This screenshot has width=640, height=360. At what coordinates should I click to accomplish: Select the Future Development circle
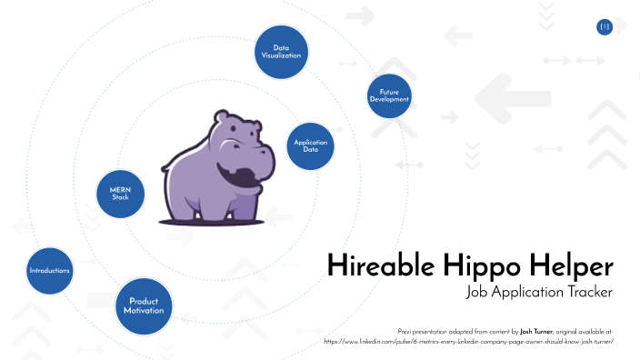[x=389, y=95]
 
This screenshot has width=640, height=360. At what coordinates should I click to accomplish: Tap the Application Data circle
[x=310, y=146]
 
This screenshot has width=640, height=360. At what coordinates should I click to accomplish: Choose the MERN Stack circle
[x=121, y=192]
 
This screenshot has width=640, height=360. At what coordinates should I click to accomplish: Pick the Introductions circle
[x=49, y=270]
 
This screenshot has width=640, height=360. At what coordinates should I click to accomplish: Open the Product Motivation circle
[x=145, y=305]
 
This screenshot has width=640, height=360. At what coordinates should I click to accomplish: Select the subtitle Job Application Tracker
[x=539, y=292]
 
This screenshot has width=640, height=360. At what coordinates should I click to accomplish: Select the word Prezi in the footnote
[x=406, y=332]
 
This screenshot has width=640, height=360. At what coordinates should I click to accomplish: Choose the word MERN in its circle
[x=121, y=188]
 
